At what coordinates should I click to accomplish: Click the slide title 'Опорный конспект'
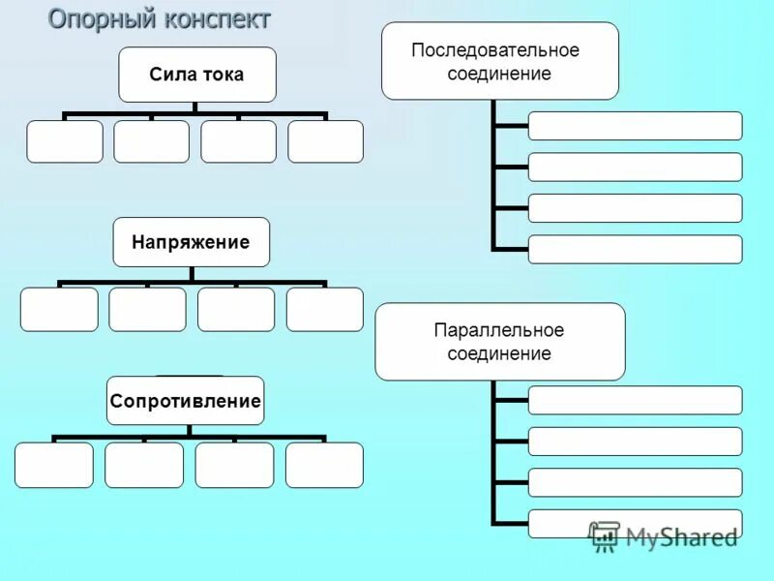pyautogui.click(x=160, y=19)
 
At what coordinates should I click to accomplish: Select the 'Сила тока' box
pyautogui.click(x=196, y=75)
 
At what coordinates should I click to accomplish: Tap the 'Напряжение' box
pyautogui.click(x=191, y=242)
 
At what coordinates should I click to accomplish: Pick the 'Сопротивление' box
pyautogui.click(x=185, y=400)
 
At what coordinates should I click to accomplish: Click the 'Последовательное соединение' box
pyautogui.click(x=499, y=61)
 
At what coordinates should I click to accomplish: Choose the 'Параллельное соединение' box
pyautogui.click(x=499, y=341)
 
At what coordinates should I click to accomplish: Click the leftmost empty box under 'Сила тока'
pyautogui.click(x=64, y=141)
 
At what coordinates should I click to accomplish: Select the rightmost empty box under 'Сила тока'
pyautogui.click(x=325, y=141)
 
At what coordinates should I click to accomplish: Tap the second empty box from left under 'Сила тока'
pyautogui.click(x=151, y=141)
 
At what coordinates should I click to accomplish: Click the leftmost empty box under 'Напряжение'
pyautogui.click(x=59, y=309)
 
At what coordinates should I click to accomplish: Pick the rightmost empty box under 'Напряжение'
pyautogui.click(x=324, y=309)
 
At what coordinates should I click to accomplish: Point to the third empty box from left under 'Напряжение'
pyautogui.click(x=236, y=309)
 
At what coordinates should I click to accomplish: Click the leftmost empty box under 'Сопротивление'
pyautogui.click(x=54, y=465)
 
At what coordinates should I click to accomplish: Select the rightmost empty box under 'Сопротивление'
pyautogui.click(x=324, y=465)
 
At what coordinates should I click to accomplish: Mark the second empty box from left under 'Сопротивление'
pyautogui.click(x=143, y=465)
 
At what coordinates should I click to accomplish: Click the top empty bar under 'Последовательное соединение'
pyautogui.click(x=635, y=126)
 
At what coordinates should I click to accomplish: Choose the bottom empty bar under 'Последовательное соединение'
pyautogui.click(x=635, y=249)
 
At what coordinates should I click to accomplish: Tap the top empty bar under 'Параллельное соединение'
pyautogui.click(x=635, y=400)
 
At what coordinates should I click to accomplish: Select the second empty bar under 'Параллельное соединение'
pyautogui.click(x=635, y=442)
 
